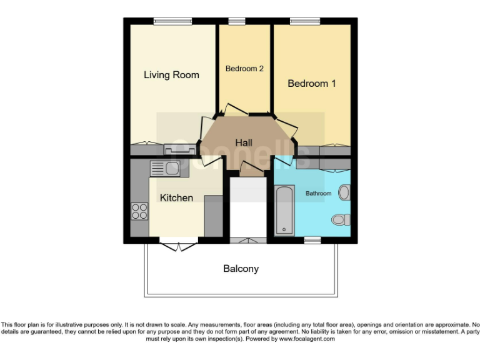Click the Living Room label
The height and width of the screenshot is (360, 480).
(171, 75)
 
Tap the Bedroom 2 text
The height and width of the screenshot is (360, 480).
(244, 69)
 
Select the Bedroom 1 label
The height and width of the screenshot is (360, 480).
(311, 83)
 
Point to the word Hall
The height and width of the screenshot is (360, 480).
(244, 143)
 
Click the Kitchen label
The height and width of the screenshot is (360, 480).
(176, 197)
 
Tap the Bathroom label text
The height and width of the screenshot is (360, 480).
(318, 194)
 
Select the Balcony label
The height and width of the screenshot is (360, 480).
(241, 269)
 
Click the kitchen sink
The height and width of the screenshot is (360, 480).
(165, 167)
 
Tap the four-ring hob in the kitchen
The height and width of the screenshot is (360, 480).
(139, 212)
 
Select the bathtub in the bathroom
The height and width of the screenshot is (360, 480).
(284, 210)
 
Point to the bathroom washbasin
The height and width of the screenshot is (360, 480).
(344, 192)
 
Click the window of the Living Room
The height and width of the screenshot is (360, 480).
(173, 21)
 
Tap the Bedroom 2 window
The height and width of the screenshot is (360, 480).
(236, 21)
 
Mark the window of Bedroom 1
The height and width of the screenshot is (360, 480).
(304, 21)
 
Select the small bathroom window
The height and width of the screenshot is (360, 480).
(312, 240)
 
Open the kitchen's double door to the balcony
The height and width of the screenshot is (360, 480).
(179, 244)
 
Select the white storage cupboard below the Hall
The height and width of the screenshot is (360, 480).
(248, 209)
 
